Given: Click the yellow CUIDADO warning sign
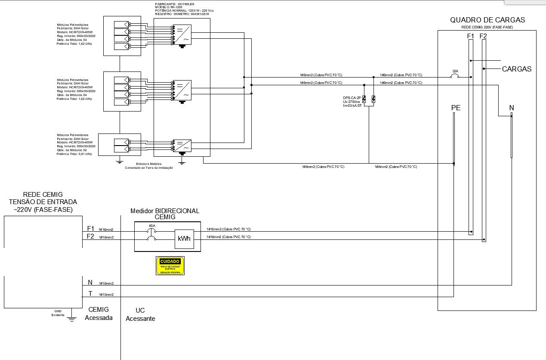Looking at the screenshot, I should (170, 266).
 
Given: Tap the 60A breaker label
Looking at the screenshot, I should (152, 226).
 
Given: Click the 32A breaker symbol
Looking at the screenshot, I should (454, 77).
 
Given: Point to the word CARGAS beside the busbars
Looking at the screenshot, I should (516, 69).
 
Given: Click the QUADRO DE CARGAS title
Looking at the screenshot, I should (487, 20).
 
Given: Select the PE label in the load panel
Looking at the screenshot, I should (456, 108).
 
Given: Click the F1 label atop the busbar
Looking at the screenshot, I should (470, 36).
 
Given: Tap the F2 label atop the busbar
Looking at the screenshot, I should (483, 36).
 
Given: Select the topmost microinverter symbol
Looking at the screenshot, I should (182, 35).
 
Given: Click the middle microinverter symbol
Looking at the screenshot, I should (182, 90).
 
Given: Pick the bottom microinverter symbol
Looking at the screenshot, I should (182, 145).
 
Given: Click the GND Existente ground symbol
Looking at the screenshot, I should (72, 319).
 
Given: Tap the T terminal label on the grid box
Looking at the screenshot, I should (90, 294).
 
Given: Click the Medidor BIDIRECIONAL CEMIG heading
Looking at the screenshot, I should (165, 214).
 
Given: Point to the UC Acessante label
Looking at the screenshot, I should (140, 314).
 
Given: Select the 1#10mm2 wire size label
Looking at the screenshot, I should (106, 295).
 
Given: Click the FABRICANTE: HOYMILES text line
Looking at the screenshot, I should (174, 4).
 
